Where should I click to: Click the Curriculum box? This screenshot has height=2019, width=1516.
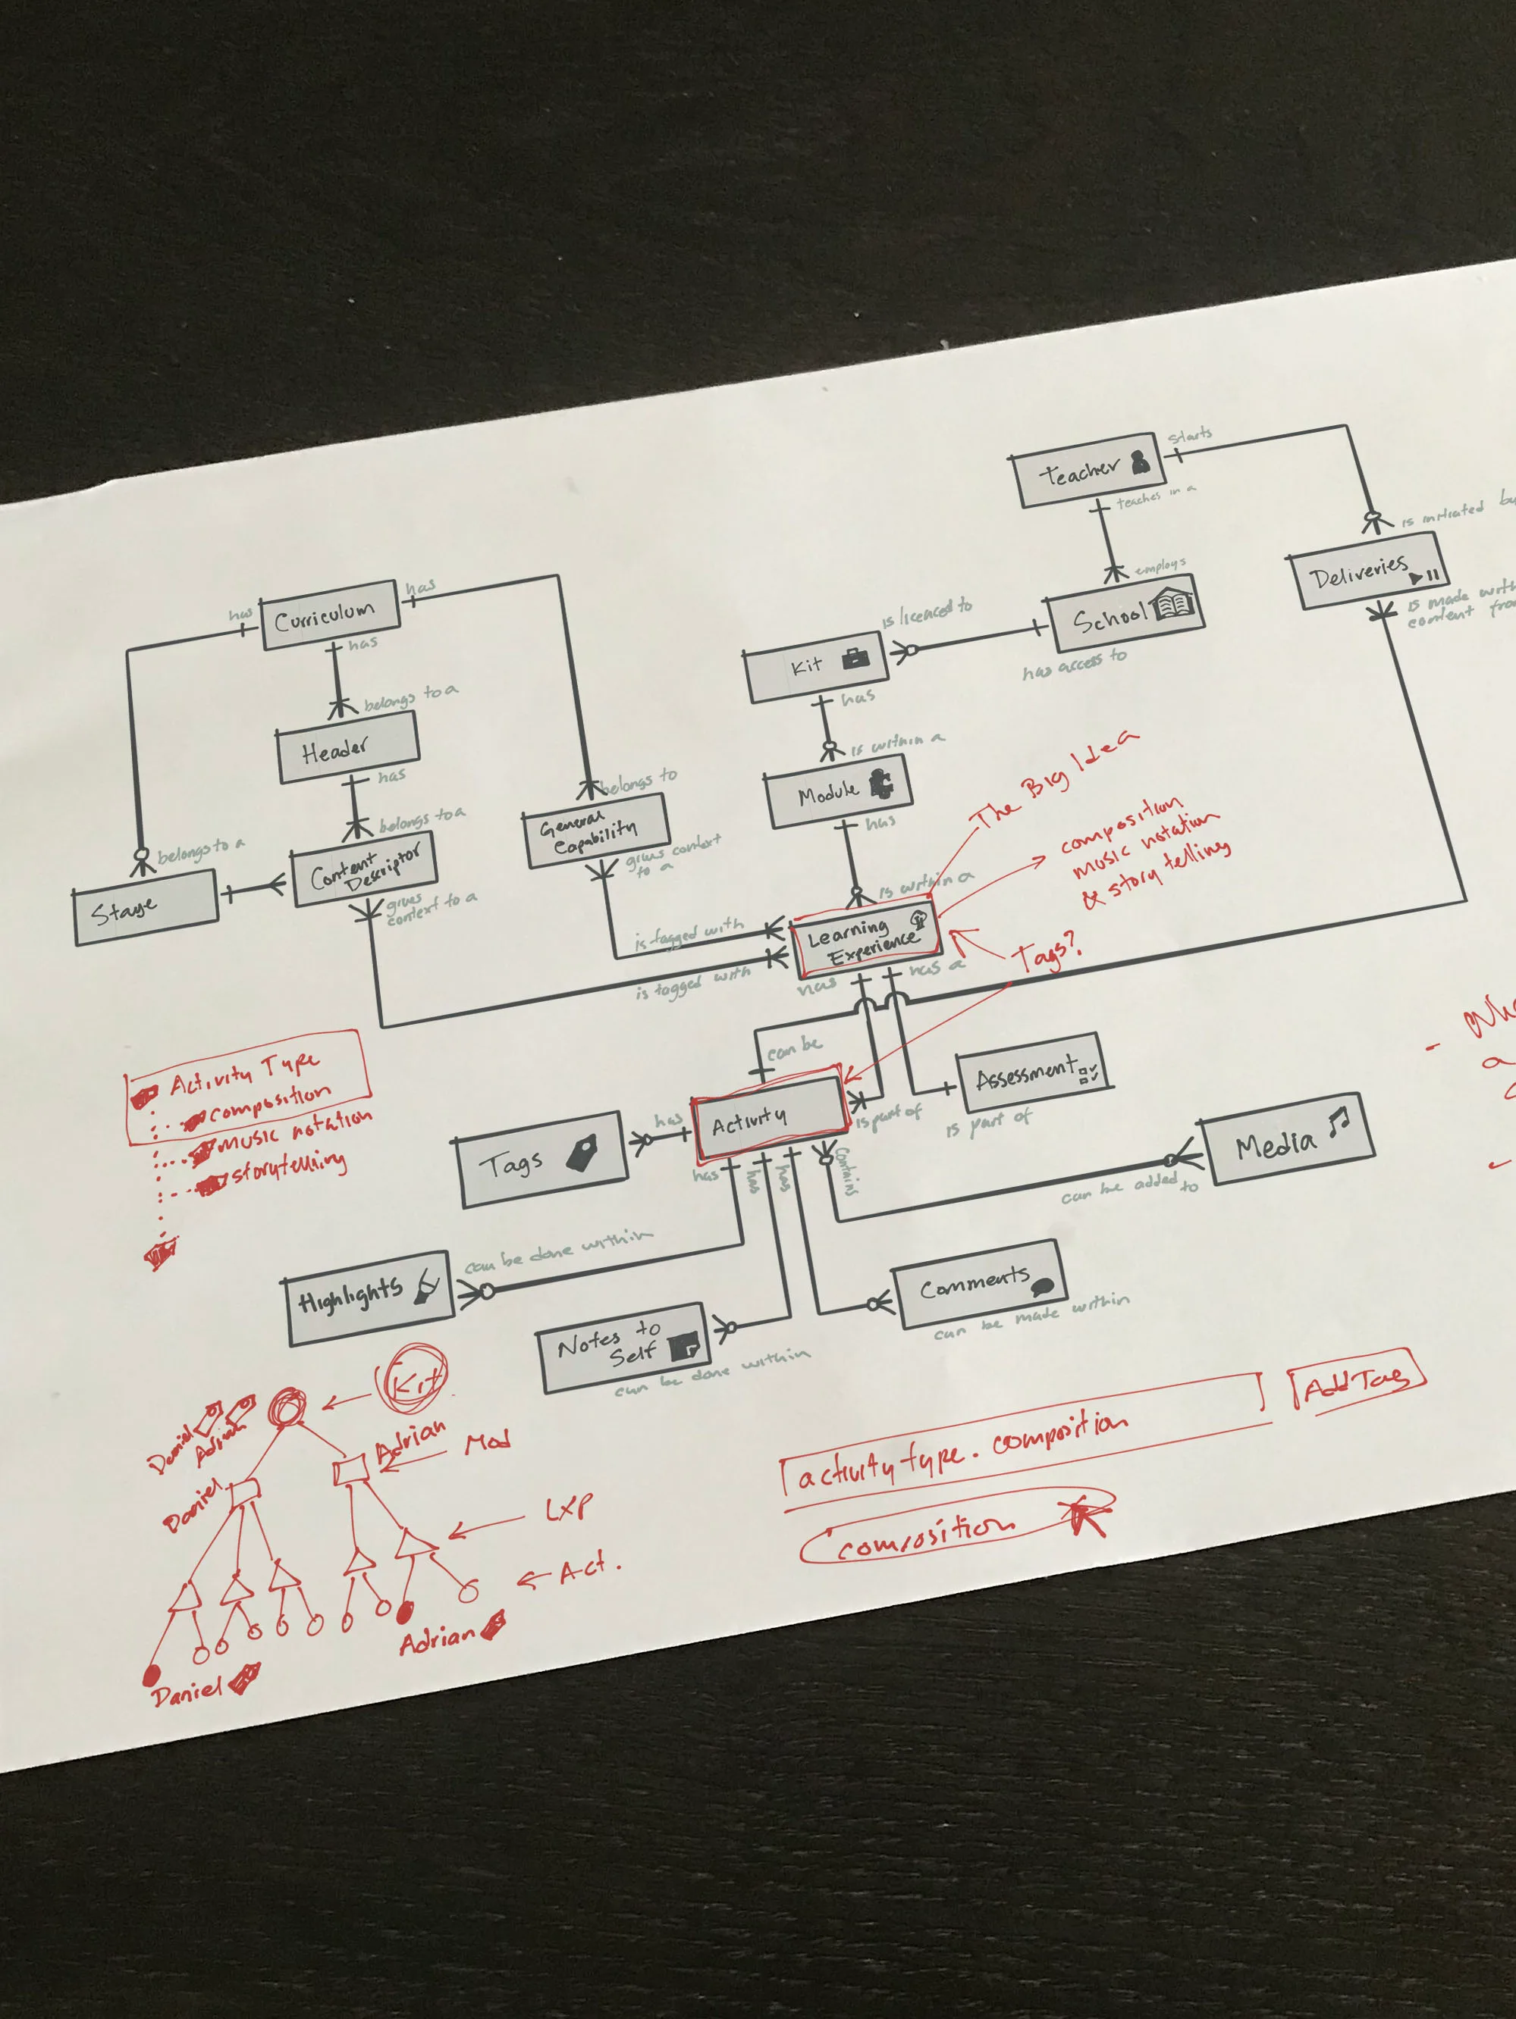(x=330, y=615)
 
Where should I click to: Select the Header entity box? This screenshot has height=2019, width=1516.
(x=348, y=747)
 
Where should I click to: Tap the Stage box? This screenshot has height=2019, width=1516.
(x=145, y=906)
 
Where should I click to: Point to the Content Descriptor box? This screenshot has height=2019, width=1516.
(x=363, y=866)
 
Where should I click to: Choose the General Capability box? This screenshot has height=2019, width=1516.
(x=598, y=830)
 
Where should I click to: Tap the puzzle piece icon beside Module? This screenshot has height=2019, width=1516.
(x=881, y=783)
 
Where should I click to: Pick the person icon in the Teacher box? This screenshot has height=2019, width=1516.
(x=1139, y=463)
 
